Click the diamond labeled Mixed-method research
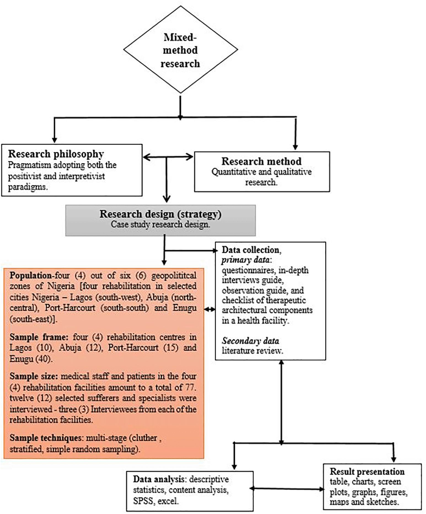coord(181,50)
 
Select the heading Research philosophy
coord(56,154)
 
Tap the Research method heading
coord(261,161)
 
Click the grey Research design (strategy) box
coord(160,220)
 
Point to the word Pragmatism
coord(30,165)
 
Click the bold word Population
coord(31,276)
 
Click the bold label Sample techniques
coord(45,438)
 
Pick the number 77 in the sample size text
coord(190,387)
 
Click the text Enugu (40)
coord(31,359)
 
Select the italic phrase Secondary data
coord(250,341)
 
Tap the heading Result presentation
coord(367,472)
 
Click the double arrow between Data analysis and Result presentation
coord(287,489)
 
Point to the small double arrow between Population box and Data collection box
coord(210,309)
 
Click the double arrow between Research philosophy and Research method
coord(168,157)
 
